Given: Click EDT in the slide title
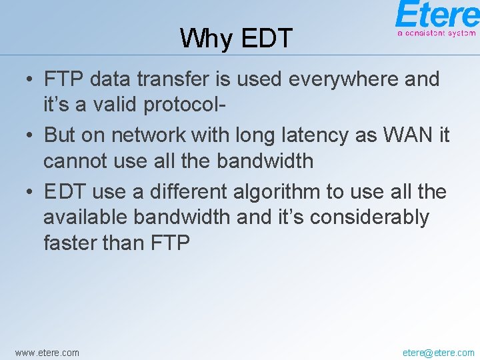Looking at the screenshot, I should (x=266, y=39).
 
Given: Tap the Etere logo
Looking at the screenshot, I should (x=436, y=14).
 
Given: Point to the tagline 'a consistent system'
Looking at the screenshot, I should (x=436, y=32).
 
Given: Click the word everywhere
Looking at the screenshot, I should (x=345, y=79).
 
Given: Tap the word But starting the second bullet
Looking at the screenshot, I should (x=60, y=135).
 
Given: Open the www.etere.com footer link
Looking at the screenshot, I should (x=47, y=352).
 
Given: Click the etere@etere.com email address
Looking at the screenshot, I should (x=439, y=352).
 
